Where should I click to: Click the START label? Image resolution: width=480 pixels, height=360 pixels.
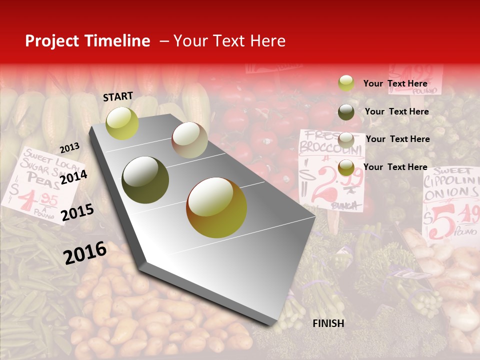118,96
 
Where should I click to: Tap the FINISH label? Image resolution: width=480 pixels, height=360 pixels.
328,323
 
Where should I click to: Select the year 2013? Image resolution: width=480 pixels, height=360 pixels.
69,148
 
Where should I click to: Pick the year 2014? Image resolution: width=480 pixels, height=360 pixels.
73,177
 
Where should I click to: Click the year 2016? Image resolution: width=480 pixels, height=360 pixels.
85,252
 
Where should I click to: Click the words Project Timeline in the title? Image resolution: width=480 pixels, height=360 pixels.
87,41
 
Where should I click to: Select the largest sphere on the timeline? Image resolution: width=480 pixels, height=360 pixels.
216,207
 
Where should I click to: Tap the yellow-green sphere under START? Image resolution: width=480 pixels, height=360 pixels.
122,123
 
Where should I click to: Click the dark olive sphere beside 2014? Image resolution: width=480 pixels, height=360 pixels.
145,180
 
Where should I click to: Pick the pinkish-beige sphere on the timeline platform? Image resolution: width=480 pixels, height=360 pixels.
189,140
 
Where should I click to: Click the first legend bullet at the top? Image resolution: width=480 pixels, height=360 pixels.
346,83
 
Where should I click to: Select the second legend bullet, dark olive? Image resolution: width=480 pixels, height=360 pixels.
346,112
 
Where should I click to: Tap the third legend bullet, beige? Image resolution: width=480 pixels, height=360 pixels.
346,139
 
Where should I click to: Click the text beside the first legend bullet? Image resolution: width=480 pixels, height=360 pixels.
395,83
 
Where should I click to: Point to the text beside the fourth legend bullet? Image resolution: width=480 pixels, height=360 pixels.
395,167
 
